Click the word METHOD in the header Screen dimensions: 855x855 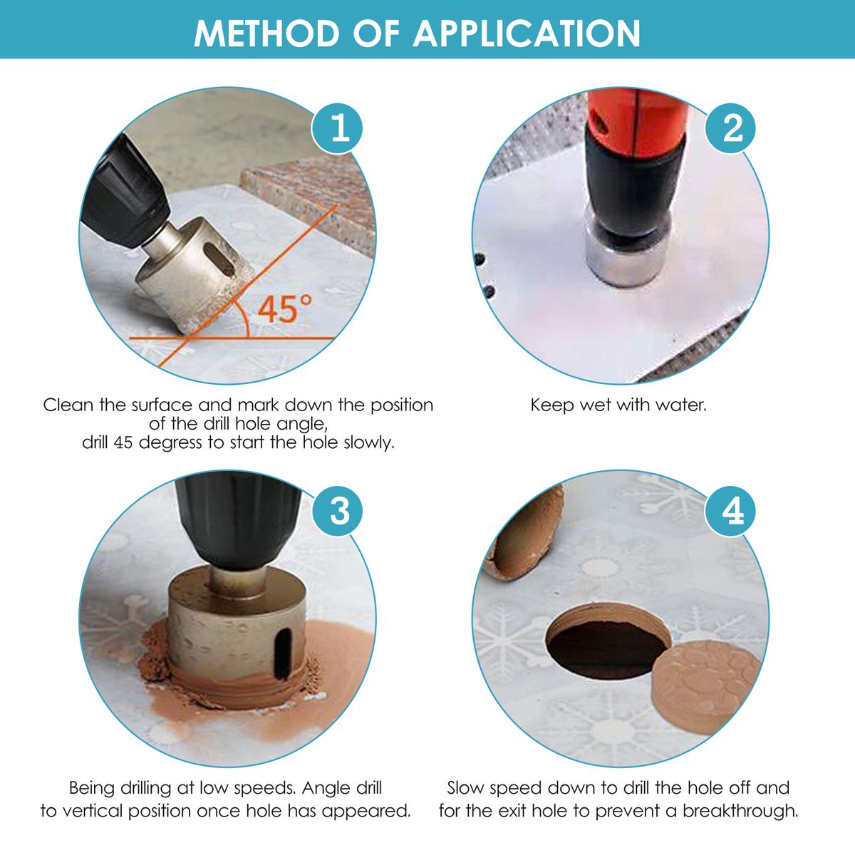click(266, 33)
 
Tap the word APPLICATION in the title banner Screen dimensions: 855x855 click(527, 33)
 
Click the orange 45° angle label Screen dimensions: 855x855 click(284, 309)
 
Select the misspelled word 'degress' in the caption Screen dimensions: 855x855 click(171, 443)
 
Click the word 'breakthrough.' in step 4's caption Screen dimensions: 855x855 click(740, 811)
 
